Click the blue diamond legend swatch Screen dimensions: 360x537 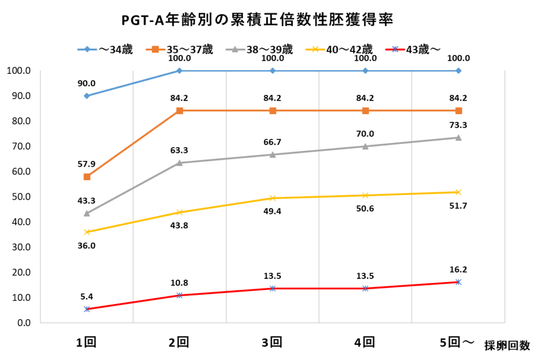pos(87,49)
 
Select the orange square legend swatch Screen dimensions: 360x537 pos(155,49)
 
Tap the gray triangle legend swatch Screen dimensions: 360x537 pos(235,49)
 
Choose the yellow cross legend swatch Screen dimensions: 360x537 pos(315,49)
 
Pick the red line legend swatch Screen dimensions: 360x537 pos(395,49)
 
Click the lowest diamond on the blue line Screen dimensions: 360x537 pos(87,95)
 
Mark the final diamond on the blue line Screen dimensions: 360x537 pos(458,71)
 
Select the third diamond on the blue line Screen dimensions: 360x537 pos(273,71)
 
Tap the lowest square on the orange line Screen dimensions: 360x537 pos(87,177)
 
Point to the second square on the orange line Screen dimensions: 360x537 pos(180,111)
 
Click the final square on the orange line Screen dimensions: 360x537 pos(458,111)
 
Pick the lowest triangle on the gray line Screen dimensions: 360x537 pos(87,213)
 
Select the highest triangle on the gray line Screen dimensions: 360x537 pos(458,137)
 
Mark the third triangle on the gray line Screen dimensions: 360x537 pos(273,155)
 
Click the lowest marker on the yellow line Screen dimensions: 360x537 pos(87,232)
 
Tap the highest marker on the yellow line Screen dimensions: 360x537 pos(458,192)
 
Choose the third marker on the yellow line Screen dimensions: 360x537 pos(273,198)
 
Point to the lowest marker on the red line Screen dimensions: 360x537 pos(87,309)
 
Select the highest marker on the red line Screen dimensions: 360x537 pos(458,282)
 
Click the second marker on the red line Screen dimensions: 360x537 pos(180,296)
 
